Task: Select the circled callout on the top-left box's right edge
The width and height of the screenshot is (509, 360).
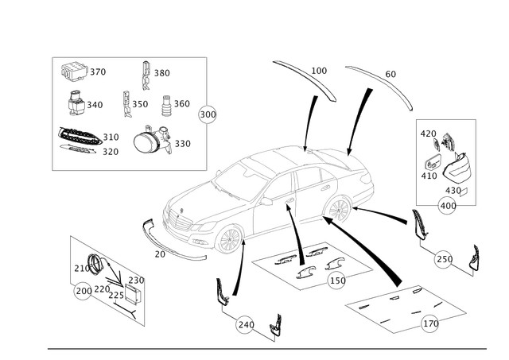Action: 208,113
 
